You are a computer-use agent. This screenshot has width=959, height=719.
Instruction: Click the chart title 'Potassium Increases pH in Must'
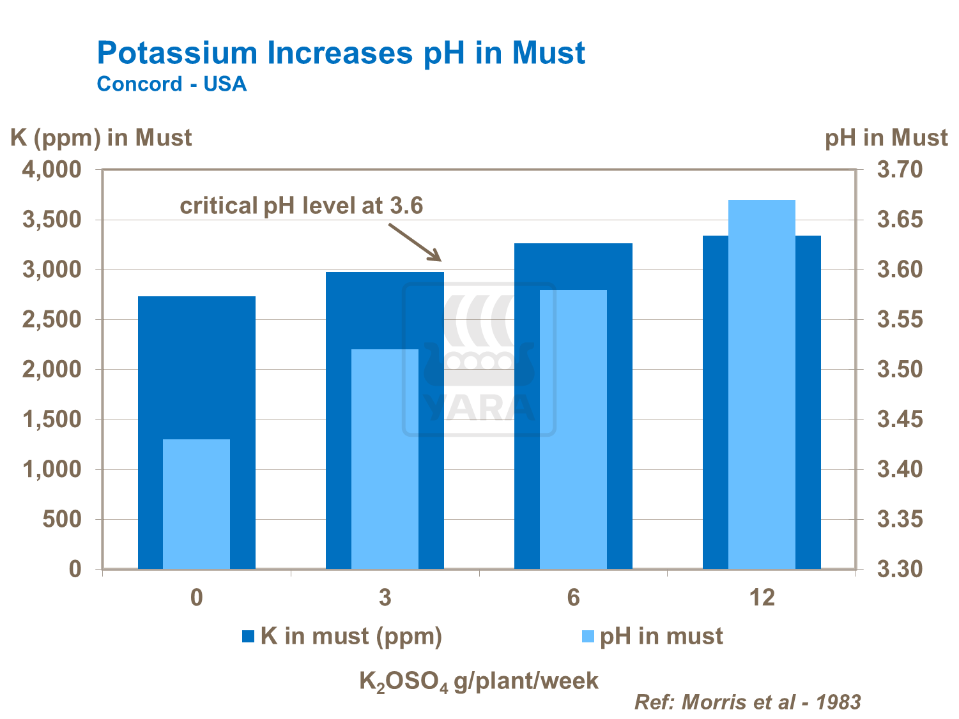click(341, 53)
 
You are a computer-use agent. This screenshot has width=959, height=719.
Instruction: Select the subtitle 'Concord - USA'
click(171, 84)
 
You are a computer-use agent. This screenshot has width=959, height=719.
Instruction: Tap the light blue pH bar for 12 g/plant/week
click(762, 383)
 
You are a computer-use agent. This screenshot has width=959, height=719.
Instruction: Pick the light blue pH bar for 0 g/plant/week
click(196, 504)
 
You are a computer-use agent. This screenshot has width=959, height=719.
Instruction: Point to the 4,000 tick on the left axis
click(52, 170)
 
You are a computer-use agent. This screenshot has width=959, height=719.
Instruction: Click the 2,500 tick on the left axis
click(52, 319)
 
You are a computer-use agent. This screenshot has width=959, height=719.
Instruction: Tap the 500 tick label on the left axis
click(62, 519)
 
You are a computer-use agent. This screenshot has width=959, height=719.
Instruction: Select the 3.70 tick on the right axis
click(900, 170)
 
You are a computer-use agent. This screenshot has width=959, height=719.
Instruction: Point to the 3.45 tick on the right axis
click(900, 420)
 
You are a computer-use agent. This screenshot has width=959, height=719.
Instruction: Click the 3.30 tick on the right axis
click(900, 569)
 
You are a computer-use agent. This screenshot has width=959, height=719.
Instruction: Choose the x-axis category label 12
click(762, 598)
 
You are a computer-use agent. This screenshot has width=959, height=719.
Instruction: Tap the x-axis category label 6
click(573, 598)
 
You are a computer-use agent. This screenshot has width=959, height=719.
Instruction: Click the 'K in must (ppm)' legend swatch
click(249, 637)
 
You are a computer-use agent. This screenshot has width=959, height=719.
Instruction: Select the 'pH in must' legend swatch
click(588, 637)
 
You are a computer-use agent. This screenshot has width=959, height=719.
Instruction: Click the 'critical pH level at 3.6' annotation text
click(302, 206)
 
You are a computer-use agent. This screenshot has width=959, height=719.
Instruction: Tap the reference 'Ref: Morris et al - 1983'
click(748, 702)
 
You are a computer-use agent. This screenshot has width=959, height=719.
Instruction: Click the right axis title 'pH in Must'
click(886, 138)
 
